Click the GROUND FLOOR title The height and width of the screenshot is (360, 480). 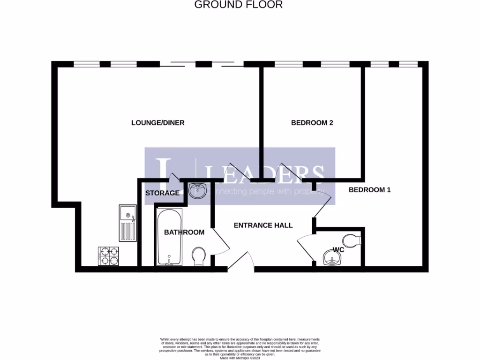238,5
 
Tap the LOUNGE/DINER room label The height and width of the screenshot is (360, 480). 157,123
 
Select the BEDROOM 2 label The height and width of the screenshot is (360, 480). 312,123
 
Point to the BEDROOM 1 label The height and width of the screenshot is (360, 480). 370,190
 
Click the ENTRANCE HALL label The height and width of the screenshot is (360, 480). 263,225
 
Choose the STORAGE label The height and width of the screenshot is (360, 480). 162,193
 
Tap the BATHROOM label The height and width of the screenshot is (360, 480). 184,232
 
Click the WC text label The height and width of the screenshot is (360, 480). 338,250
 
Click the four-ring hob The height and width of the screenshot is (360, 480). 108,256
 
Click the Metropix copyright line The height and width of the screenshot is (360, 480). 240,359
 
